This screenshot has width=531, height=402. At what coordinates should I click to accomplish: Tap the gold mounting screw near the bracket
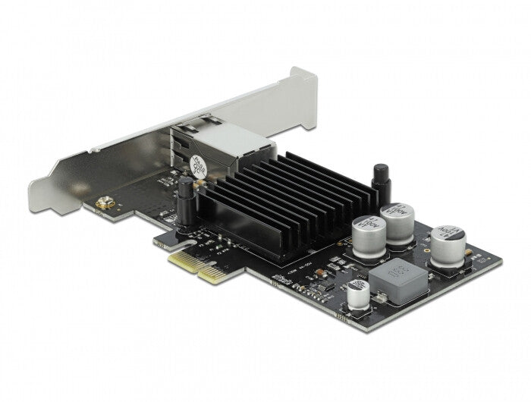(99, 205)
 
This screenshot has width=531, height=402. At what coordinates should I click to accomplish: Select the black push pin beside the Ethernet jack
(184, 199)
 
